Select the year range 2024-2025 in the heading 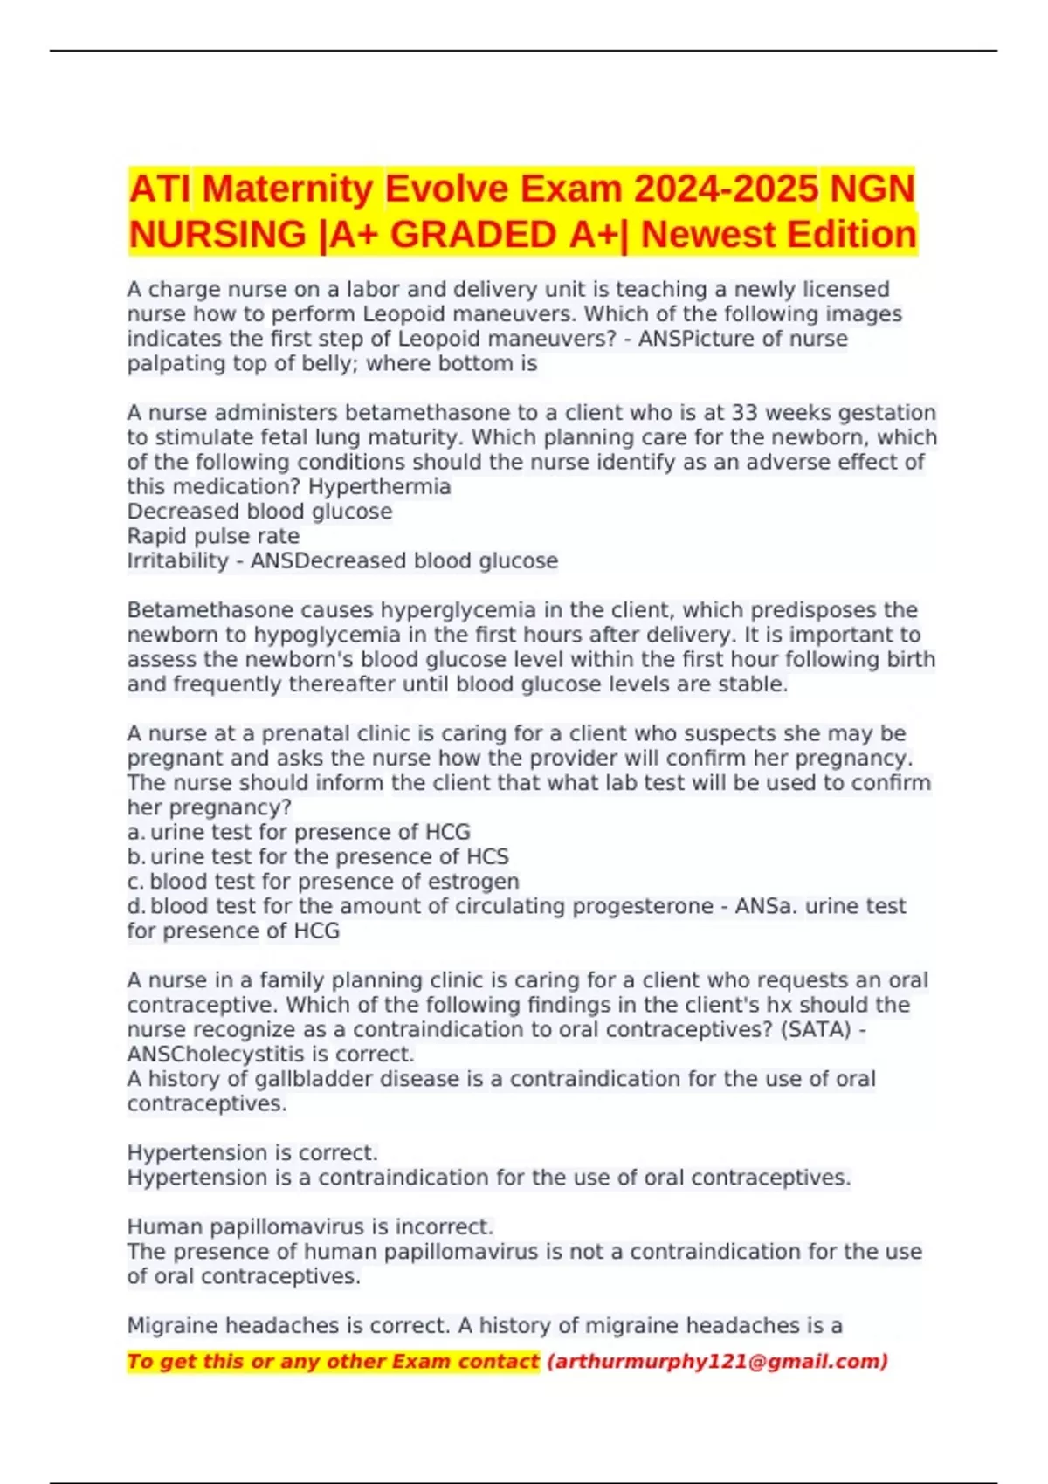pos(726,189)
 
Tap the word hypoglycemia pos(359,635)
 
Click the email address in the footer pos(717,1362)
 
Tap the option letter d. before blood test pos(135,906)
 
